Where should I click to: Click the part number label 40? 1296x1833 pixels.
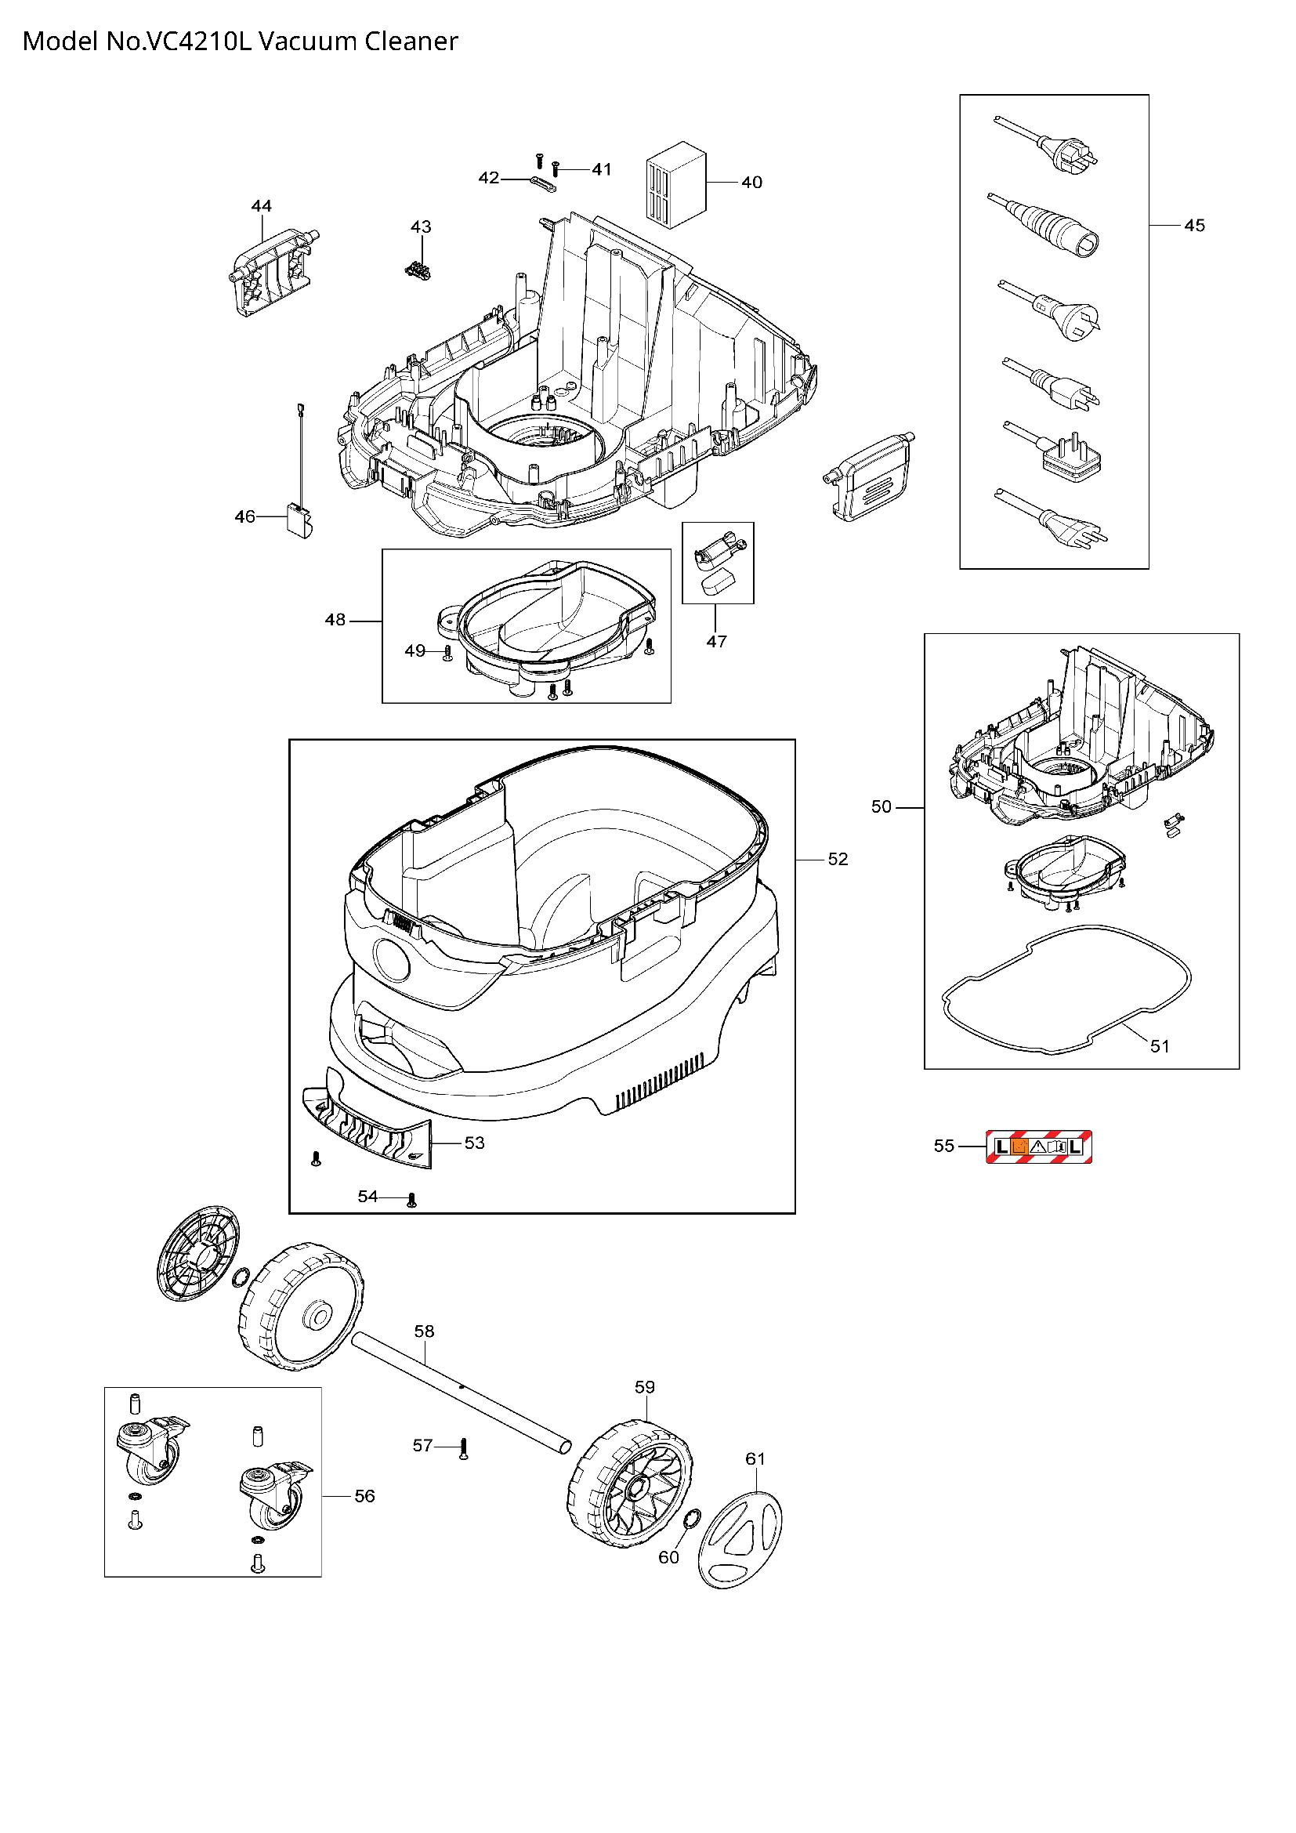(x=751, y=183)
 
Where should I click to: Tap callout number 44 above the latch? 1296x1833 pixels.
(x=261, y=206)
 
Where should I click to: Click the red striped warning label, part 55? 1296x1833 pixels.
(x=1038, y=1147)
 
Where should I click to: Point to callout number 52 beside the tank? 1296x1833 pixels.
(x=837, y=859)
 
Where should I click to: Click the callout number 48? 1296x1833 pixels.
(x=335, y=620)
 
